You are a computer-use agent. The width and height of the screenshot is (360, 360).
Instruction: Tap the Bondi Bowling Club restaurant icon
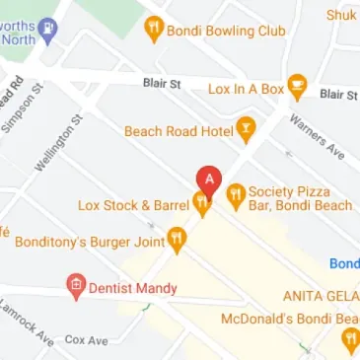click(153, 30)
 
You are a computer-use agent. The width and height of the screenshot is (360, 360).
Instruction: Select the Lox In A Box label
click(245, 89)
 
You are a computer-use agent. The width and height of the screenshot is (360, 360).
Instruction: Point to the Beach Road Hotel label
click(178, 130)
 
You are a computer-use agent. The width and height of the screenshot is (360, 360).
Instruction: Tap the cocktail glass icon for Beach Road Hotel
click(247, 129)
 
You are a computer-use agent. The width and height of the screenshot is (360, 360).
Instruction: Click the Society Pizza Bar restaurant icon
click(236, 196)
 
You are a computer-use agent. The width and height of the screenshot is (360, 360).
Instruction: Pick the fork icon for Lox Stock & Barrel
click(202, 205)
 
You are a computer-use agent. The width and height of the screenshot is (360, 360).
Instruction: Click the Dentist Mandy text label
click(133, 288)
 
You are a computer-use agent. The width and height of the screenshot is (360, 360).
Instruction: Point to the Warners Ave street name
click(316, 138)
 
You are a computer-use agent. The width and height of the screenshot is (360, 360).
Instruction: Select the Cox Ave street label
click(86, 339)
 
